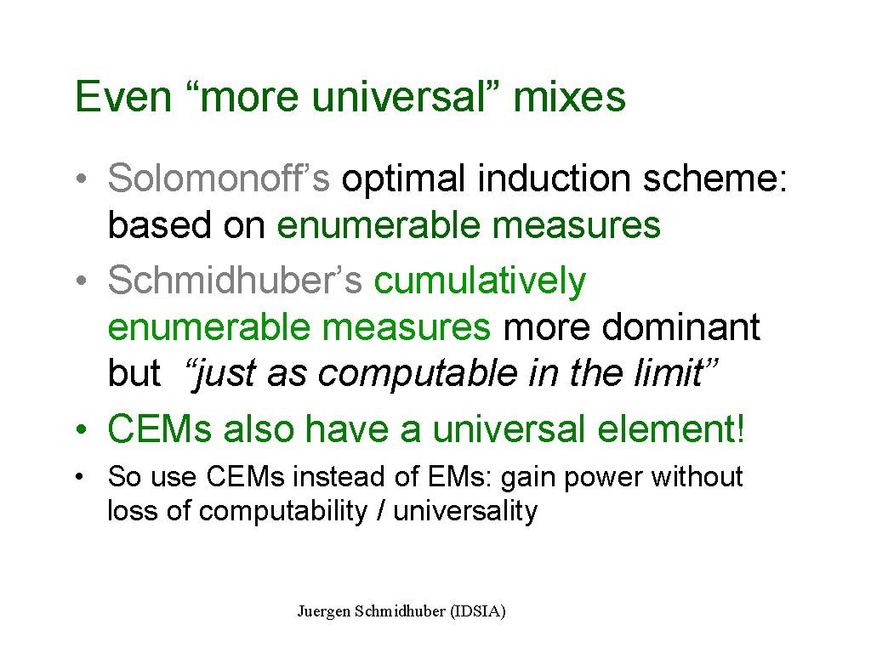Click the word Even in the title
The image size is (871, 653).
(123, 97)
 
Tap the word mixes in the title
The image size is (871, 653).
(569, 97)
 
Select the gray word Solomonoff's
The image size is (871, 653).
(219, 179)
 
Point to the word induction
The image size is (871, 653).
(554, 179)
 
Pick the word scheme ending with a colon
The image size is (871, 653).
(715, 179)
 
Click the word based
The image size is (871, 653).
(159, 224)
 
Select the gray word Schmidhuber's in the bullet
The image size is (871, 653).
(235, 280)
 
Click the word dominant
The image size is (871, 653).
(681, 326)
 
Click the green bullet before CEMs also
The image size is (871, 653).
(82, 429)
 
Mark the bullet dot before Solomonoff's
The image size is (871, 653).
(82, 179)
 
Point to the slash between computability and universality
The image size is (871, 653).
(380, 510)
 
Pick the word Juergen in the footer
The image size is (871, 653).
(324, 611)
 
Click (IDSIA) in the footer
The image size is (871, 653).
(478, 611)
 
